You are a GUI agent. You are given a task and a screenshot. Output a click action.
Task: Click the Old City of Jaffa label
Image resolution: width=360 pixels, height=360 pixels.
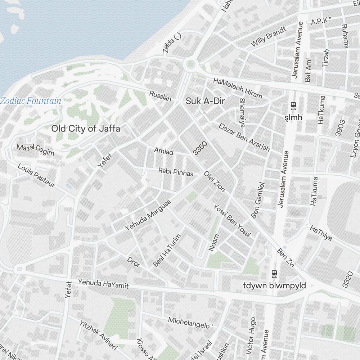click(x=85, y=129)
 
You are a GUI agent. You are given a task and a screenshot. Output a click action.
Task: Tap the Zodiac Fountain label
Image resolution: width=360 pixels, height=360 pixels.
click(x=31, y=101)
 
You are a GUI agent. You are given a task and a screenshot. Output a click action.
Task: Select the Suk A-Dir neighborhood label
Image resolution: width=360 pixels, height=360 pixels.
click(x=205, y=102)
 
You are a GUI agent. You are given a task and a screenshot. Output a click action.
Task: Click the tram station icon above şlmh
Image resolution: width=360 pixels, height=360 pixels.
click(x=293, y=105)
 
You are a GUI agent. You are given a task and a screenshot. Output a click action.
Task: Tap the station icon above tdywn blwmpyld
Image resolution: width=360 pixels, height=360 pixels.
click(x=274, y=274)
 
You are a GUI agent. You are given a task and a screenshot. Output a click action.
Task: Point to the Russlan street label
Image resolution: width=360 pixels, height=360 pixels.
click(x=160, y=96)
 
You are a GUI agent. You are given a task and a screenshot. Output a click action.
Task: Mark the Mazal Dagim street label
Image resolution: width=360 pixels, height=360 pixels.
click(x=35, y=150)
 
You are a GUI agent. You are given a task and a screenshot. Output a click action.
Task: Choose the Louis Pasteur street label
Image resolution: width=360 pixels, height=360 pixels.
click(x=36, y=176)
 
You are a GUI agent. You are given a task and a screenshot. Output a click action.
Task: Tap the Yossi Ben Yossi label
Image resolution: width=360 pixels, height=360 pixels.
click(x=232, y=220)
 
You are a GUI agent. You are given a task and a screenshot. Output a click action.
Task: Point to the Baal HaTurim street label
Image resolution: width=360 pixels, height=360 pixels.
click(x=166, y=249)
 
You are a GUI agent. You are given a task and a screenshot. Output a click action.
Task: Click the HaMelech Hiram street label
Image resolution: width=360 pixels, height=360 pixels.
click(x=238, y=89)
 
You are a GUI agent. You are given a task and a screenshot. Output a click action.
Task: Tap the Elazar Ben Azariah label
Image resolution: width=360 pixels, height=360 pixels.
click(x=244, y=137)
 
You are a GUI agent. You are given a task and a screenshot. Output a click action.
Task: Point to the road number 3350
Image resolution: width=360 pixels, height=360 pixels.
click(x=200, y=148)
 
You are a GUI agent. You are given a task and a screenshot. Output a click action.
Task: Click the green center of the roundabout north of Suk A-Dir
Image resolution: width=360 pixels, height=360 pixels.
click(x=190, y=65)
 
